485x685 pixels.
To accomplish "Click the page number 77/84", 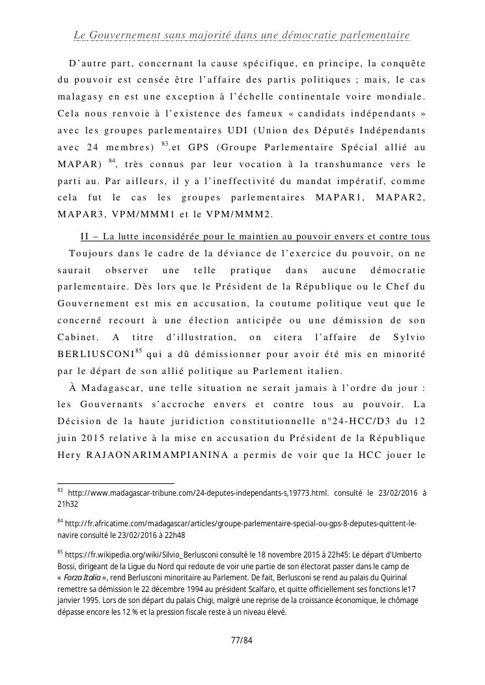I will [242, 641].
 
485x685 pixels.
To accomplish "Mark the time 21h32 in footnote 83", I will [67, 504].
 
